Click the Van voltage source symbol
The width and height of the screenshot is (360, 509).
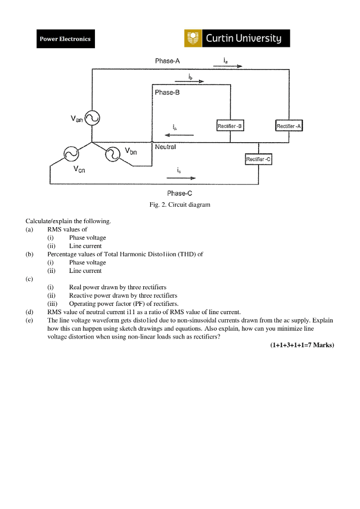(92, 118)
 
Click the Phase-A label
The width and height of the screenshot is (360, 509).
(167, 61)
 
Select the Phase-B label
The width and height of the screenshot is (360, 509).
(167, 92)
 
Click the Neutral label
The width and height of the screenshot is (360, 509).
(165, 147)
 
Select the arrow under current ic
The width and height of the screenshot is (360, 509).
(184, 177)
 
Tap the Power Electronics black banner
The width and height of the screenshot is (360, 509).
(65, 39)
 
